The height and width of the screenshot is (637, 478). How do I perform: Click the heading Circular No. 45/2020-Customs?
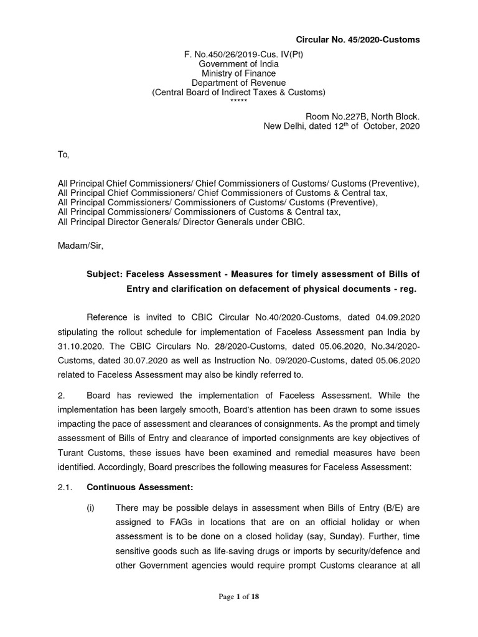[357, 40]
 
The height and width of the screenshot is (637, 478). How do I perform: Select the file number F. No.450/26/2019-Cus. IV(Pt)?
[239, 54]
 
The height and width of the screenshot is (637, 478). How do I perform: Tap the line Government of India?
[239, 64]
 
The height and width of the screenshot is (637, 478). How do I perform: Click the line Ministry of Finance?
[239, 73]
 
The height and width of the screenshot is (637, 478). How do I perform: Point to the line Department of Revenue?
[239, 83]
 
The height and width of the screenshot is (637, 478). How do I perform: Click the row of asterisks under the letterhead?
[239, 101]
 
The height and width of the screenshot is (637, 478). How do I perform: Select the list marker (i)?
[91, 508]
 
